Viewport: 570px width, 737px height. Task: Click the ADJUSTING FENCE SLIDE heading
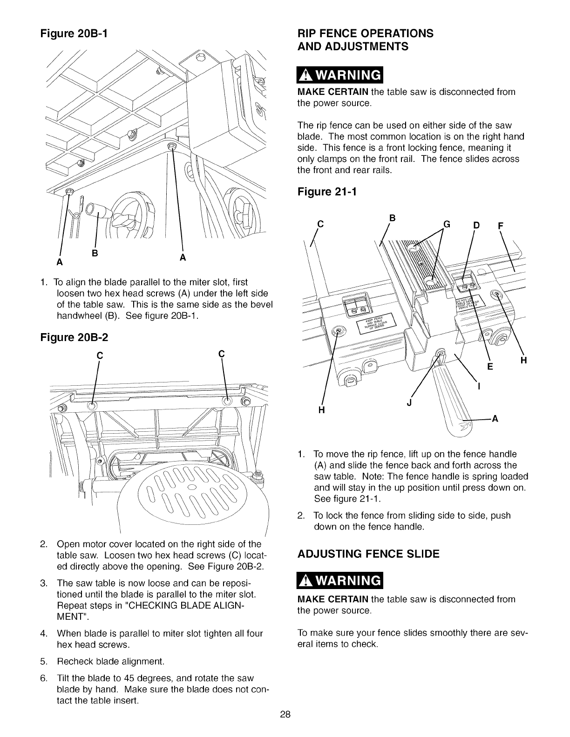(368, 554)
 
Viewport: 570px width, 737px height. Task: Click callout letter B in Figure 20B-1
(95, 254)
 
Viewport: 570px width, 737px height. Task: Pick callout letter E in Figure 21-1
(489, 366)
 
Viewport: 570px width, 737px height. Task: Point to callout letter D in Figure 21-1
(476, 226)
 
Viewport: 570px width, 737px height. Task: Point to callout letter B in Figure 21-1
(392, 217)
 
